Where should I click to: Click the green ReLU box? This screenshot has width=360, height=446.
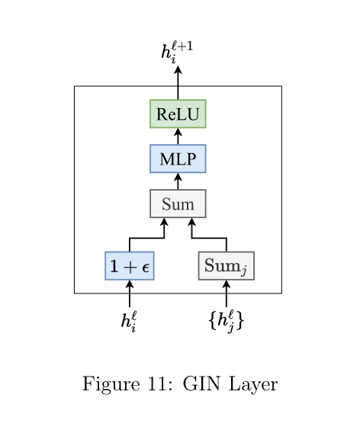click(x=178, y=114)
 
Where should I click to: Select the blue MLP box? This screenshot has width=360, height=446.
click(x=178, y=159)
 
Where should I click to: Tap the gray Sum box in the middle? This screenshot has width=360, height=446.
click(x=178, y=204)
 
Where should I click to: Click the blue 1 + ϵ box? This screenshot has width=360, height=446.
click(x=130, y=266)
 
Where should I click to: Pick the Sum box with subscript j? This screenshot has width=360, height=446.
click(x=226, y=266)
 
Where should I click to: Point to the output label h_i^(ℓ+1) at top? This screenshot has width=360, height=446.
click(x=177, y=51)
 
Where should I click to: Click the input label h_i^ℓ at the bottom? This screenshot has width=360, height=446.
click(x=130, y=321)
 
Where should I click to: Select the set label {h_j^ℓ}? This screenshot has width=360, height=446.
click(x=226, y=321)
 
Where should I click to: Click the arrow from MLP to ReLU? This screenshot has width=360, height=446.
click(x=178, y=136)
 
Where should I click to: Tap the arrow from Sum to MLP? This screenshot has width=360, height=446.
click(x=178, y=181)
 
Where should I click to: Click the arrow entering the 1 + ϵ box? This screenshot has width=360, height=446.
click(x=130, y=294)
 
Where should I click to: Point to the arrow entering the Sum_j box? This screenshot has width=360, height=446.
click(x=226, y=294)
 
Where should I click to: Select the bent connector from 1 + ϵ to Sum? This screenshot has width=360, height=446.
click(x=146, y=239)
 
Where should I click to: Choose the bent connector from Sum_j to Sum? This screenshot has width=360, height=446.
click(x=209, y=239)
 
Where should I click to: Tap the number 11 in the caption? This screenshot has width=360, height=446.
click(x=148, y=383)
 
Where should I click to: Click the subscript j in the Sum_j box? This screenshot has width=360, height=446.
click(x=245, y=270)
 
